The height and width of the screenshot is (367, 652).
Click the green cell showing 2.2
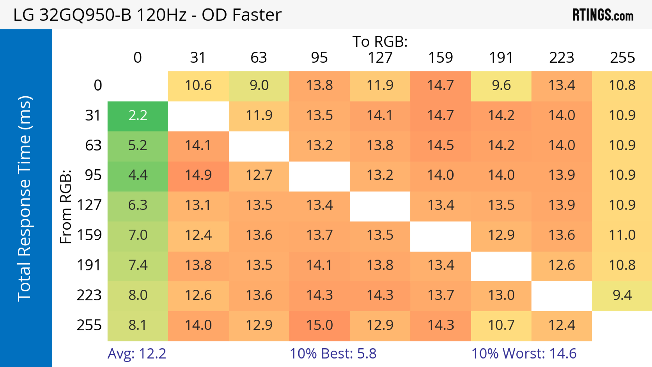pyautogui.click(x=138, y=116)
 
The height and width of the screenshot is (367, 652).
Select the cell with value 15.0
pyautogui.click(x=319, y=325)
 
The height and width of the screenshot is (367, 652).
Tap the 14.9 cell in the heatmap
pyautogui.click(x=198, y=175)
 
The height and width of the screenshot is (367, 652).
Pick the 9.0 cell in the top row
pyautogui.click(x=259, y=85)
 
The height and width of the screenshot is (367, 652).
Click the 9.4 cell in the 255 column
pyautogui.click(x=622, y=295)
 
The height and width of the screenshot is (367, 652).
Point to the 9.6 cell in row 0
pyautogui.click(x=501, y=85)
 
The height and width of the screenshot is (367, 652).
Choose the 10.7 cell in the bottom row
pyautogui.click(x=501, y=325)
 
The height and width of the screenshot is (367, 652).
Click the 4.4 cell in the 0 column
pyautogui.click(x=138, y=175)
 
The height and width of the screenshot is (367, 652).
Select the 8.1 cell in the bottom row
pyautogui.click(x=138, y=325)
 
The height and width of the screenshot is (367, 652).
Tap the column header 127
pyautogui.click(x=380, y=58)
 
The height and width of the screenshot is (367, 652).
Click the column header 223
pyautogui.click(x=562, y=58)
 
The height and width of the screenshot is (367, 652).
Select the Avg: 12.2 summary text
pyautogui.click(x=137, y=354)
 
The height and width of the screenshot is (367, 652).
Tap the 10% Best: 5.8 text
pyautogui.click(x=333, y=354)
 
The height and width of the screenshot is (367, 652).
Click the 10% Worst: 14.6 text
pyautogui.click(x=524, y=354)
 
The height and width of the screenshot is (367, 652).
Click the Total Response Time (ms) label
pyautogui.click(x=25, y=199)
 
